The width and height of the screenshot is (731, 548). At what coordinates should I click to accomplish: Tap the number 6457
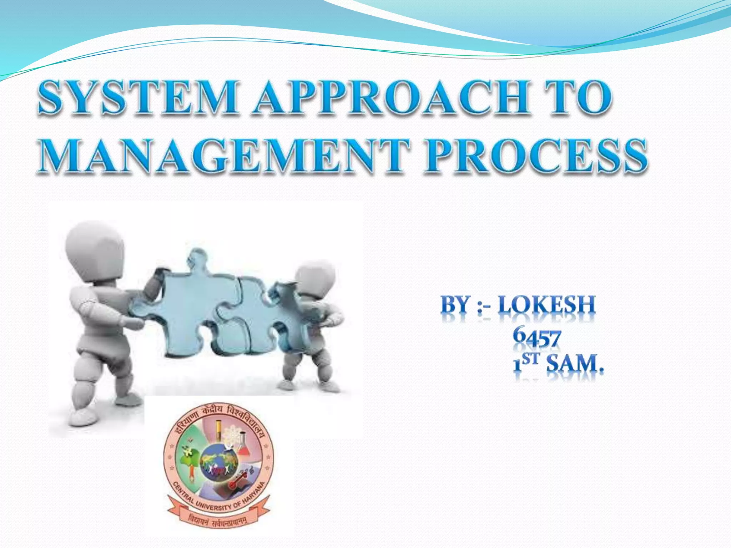pos(536,338)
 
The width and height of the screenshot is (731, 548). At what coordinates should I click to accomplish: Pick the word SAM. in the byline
pos(575,364)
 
